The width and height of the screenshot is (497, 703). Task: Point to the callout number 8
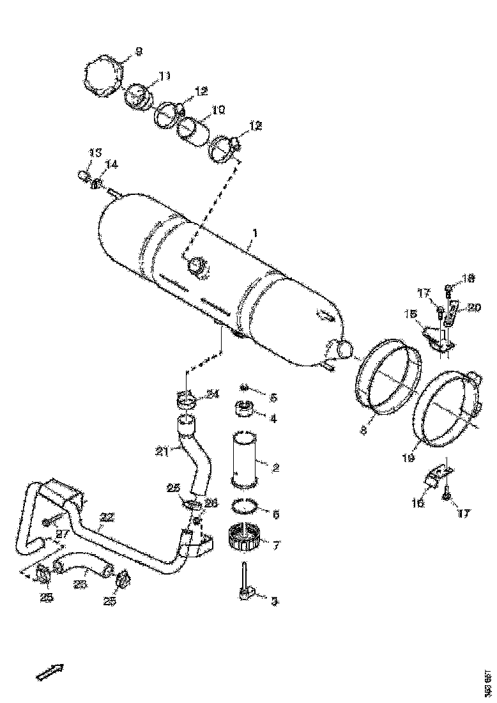363,431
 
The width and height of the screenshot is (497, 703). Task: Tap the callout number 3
274,601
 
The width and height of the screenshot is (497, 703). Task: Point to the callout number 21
162,452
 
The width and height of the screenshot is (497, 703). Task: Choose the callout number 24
213,394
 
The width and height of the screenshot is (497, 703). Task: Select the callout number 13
95,153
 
